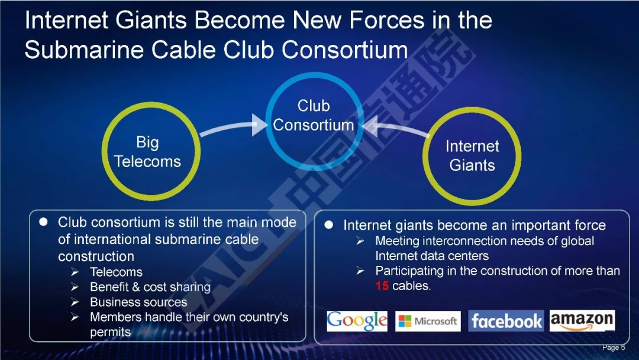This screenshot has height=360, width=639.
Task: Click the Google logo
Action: (357, 321)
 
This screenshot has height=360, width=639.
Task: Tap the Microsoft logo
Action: (428, 321)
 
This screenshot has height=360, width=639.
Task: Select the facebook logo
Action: (506, 321)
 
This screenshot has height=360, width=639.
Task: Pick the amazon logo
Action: (582, 320)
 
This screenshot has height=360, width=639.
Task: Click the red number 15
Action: (382, 286)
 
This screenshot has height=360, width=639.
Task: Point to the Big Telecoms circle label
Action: (147, 152)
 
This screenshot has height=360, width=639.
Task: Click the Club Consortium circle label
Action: (314, 115)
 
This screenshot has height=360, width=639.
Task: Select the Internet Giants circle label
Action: (472, 156)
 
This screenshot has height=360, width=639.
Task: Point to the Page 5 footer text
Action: (614, 348)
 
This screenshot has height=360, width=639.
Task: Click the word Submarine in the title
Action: (84, 50)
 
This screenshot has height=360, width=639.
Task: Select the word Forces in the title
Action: (386, 20)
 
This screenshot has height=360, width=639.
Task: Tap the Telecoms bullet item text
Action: (116, 272)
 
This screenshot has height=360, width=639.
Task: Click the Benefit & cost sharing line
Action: (150, 287)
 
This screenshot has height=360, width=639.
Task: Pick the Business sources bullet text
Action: (138, 302)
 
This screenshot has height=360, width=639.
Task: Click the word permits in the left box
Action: (111, 332)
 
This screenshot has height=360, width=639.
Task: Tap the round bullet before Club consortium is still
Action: (43, 222)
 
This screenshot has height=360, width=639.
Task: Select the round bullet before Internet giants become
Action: (329, 225)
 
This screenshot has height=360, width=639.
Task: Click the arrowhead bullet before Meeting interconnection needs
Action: (360, 241)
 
